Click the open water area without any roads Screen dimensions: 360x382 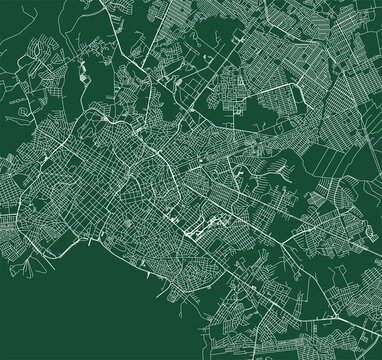(x=70, y=310)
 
